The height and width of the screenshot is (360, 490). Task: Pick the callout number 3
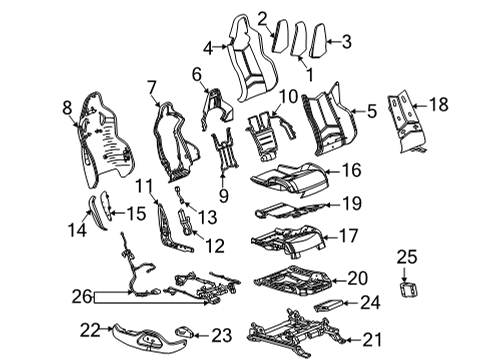[346, 41]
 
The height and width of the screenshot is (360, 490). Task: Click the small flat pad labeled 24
[328, 304]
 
